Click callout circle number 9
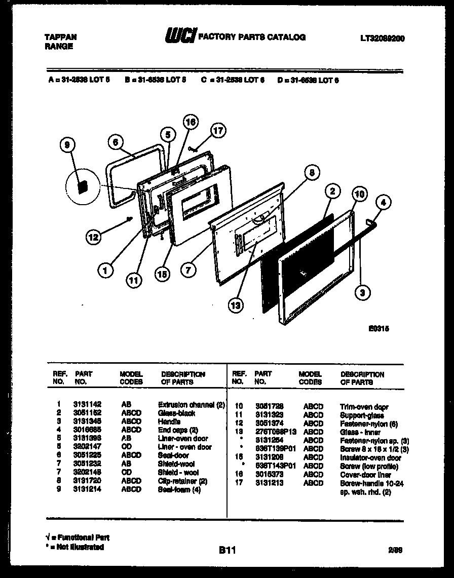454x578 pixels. click(x=67, y=146)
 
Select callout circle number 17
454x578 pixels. click(x=217, y=131)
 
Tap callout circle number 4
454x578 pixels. click(x=383, y=203)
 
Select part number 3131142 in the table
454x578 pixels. click(x=87, y=405)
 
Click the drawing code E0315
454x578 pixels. click(x=379, y=328)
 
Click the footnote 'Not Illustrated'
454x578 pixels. click(x=76, y=547)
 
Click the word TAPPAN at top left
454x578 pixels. click(x=61, y=37)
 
